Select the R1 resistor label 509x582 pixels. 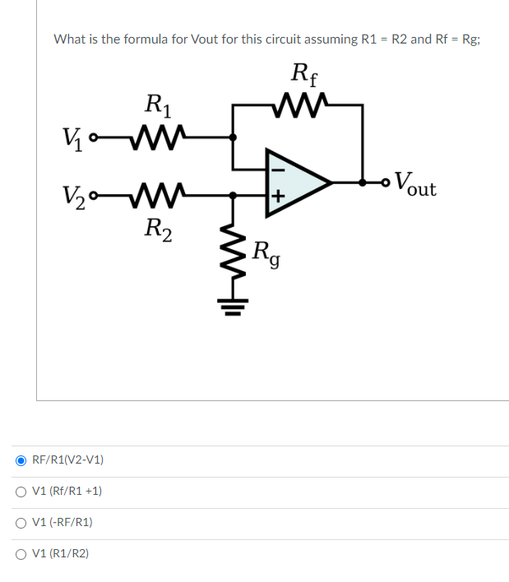(x=157, y=104)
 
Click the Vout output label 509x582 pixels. (x=414, y=183)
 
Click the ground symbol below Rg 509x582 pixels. (x=234, y=310)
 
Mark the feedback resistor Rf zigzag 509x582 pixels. (x=305, y=104)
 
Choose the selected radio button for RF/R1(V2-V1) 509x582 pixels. (x=21, y=460)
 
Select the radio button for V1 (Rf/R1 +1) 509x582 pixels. (x=21, y=491)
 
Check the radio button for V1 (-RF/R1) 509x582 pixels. (x=21, y=522)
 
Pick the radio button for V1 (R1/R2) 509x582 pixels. (x=21, y=553)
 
